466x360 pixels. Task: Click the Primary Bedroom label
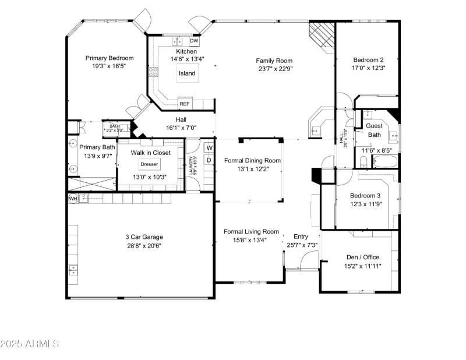point(110,58)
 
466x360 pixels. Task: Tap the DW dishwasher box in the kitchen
point(195,41)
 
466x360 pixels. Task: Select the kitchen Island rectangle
point(187,73)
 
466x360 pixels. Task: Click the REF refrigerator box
point(185,104)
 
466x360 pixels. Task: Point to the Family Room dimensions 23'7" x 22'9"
point(276,68)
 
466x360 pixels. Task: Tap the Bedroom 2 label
point(369,59)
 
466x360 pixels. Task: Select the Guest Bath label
point(374,130)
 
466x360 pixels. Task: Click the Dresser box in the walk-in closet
point(149,164)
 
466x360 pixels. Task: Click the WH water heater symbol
point(73,199)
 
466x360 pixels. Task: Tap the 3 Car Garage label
point(144,237)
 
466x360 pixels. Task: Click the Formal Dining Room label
point(252,161)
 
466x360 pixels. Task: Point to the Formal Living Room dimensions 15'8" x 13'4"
point(252,239)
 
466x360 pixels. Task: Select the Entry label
point(301,236)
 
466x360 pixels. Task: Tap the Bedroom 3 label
point(365,196)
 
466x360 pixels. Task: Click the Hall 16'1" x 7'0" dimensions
point(165,127)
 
